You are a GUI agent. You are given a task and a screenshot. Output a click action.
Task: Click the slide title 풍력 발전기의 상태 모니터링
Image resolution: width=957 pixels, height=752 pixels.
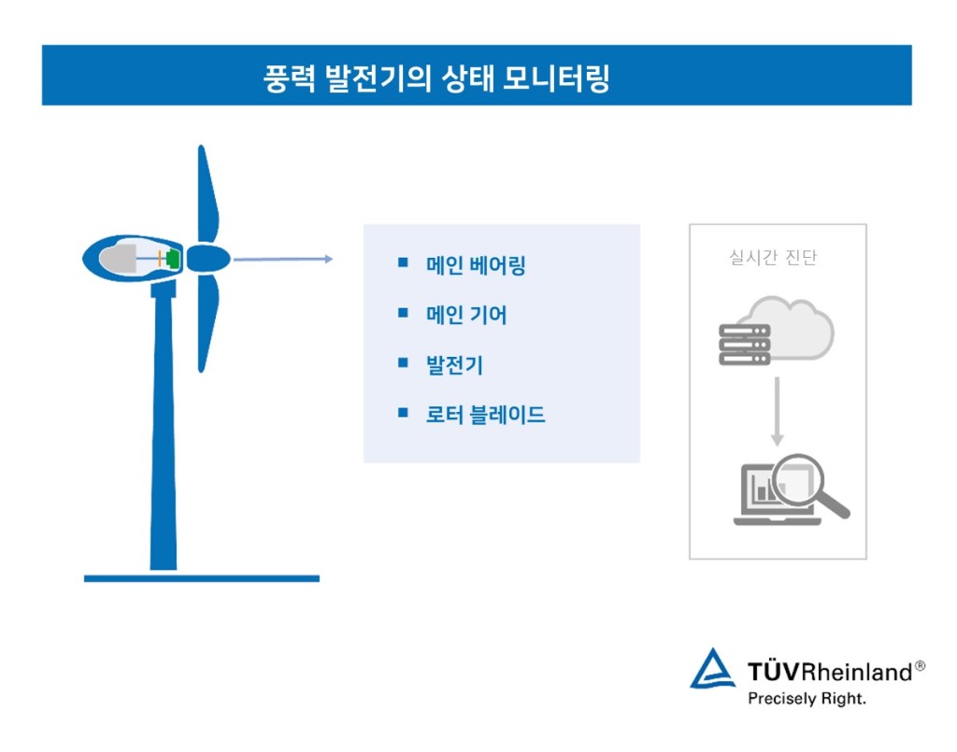pyautogui.click(x=437, y=77)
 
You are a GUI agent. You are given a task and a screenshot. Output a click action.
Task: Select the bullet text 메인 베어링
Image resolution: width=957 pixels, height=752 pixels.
pyautogui.click(x=476, y=265)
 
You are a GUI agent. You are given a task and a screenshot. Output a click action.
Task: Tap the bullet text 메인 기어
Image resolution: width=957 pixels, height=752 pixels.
pyautogui.click(x=466, y=315)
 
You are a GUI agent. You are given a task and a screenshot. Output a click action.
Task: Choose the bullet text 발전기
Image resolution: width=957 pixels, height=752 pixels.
pyautogui.click(x=454, y=364)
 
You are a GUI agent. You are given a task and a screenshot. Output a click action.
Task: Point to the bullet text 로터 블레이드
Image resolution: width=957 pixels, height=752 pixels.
pyautogui.click(x=485, y=414)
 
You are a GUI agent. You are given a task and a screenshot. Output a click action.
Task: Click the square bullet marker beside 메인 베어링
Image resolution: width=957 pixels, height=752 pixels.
pyautogui.click(x=403, y=263)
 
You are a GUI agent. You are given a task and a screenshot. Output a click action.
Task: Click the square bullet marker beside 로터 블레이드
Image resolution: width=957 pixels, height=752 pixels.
pyautogui.click(x=403, y=412)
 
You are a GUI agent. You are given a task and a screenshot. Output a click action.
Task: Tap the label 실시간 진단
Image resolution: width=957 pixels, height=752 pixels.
pyautogui.click(x=773, y=258)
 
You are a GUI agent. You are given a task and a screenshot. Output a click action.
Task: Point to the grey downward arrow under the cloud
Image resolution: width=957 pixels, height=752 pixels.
pyautogui.click(x=775, y=411)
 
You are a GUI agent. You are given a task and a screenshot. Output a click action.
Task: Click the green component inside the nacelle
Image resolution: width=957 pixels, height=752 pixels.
pyautogui.click(x=173, y=260)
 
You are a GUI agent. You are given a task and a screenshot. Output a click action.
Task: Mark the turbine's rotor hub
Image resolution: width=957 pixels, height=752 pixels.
pyautogui.click(x=207, y=259)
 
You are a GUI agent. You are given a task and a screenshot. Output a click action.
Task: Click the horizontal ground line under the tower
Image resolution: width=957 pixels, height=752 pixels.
pyautogui.click(x=202, y=578)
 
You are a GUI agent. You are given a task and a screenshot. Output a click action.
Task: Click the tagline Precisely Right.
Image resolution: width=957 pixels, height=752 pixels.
pyautogui.click(x=807, y=699)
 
